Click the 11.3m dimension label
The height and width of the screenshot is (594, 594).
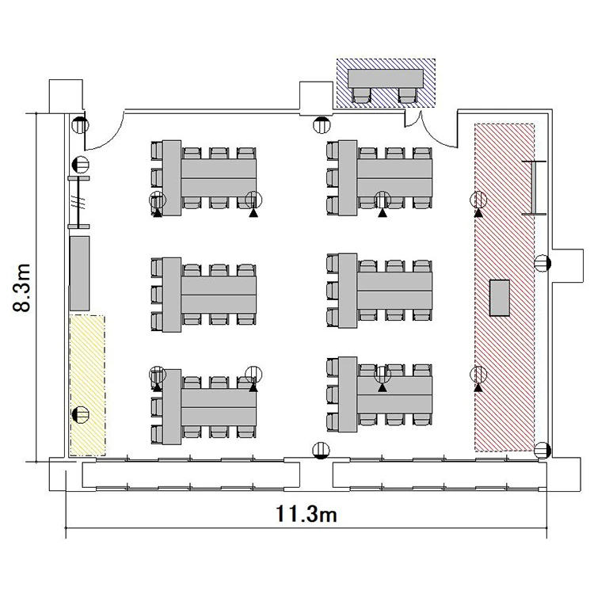point(306,514)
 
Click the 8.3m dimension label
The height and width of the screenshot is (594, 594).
point(21,287)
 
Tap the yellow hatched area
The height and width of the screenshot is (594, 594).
point(87,385)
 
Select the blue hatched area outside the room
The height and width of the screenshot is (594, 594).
point(386,83)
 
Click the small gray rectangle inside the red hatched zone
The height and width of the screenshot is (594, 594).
point(499,298)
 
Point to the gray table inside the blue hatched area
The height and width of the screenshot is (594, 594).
point(386,78)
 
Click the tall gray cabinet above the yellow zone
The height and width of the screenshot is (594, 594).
point(80,273)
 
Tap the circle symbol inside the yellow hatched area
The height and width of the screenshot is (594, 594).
point(81,414)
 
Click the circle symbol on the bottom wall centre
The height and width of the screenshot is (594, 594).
point(321,451)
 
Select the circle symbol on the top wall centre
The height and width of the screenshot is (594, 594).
point(322,124)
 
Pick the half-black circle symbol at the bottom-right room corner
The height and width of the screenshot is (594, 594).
point(543,451)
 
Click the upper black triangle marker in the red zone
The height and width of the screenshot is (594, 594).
point(478,213)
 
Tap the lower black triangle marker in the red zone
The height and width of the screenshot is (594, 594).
point(478,387)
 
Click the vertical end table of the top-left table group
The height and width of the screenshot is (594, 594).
point(172,177)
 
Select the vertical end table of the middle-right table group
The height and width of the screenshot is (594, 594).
point(348,291)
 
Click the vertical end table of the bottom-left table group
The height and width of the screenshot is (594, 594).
point(172,406)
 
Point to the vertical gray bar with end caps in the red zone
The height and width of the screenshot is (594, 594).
point(534,188)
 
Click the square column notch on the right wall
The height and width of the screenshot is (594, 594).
point(568,265)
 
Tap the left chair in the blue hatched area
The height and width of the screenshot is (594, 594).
point(361,95)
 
